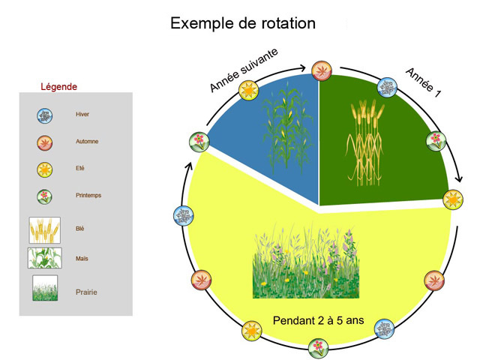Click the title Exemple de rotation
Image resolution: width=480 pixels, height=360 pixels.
pyautogui.click(x=243, y=23)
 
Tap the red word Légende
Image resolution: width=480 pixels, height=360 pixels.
pyautogui.click(x=58, y=87)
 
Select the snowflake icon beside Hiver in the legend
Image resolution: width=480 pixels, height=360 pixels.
pyautogui.click(x=45, y=115)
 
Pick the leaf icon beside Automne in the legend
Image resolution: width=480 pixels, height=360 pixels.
pyautogui.click(x=45, y=143)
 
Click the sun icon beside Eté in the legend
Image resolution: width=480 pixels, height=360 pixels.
pyautogui.click(x=45, y=170)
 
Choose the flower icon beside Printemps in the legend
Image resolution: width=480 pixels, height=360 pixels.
pyautogui.click(x=45, y=196)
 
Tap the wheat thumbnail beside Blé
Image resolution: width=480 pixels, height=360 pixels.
pyautogui.click(x=45, y=230)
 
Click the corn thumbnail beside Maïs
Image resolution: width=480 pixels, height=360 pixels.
pyautogui.click(x=45, y=258)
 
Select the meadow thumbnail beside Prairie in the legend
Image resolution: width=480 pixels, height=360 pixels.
pyautogui.click(x=45, y=288)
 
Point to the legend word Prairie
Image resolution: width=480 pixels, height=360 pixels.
pyautogui.click(x=86, y=292)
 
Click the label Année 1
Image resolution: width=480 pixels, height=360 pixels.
pyautogui.click(x=423, y=83)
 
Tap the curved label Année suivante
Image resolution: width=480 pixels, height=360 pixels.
pyautogui.click(x=244, y=70)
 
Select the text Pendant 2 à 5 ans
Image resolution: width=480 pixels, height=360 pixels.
pyautogui.click(x=318, y=320)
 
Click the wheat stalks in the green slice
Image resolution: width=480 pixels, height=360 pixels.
pyautogui.click(x=365, y=142)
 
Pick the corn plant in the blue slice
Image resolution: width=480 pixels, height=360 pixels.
pyautogui.click(x=286, y=127)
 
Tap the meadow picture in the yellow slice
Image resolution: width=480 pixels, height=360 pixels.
pyautogui.click(x=306, y=261)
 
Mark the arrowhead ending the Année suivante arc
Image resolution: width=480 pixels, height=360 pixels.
pyautogui.click(x=302, y=67)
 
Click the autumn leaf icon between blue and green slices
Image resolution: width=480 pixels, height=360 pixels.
pyautogui.click(x=322, y=71)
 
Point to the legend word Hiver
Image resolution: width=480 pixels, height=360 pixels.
pyautogui.click(x=82, y=114)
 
